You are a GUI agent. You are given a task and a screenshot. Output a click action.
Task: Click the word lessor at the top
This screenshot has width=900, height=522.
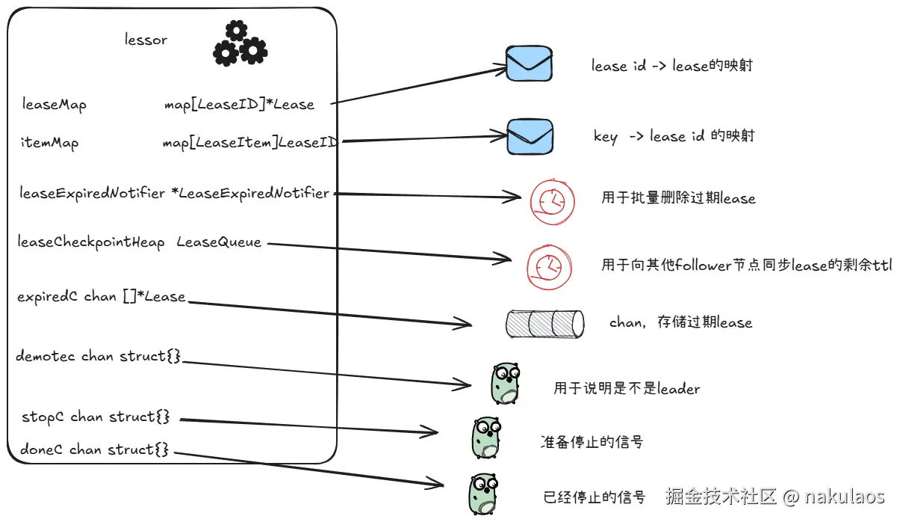pyautogui.click(x=146, y=40)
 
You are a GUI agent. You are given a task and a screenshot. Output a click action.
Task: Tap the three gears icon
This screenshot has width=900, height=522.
pyautogui.click(x=240, y=43)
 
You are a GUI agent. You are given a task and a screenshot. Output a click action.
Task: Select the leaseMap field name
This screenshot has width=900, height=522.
pyautogui.click(x=55, y=105)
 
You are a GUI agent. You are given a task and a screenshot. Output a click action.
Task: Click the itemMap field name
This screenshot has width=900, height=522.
pyautogui.click(x=50, y=143)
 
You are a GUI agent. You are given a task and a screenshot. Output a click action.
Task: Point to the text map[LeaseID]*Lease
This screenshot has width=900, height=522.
pyautogui.click(x=239, y=105)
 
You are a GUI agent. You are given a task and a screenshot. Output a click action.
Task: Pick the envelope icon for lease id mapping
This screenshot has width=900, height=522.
pyautogui.click(x=529, y=64)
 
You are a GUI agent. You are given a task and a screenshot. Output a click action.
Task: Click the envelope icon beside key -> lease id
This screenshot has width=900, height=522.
pyautogui.click(x=530, y=137)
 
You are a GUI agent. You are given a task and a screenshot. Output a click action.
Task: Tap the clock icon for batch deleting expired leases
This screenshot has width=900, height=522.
pyautogui.click(x=552, y=201)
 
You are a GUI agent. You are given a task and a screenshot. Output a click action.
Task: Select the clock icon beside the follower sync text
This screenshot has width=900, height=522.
pyautogui.click(x=549, y=267)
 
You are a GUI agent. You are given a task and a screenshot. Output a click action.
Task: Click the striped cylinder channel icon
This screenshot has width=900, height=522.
pyautogui.click(x=544, y=324)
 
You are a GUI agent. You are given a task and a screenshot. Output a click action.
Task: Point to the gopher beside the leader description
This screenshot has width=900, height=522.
pyautogui.click(x=506, y=383)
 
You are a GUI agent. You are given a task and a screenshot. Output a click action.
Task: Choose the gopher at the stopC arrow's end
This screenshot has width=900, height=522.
pyautogui.click(x=486, y=438)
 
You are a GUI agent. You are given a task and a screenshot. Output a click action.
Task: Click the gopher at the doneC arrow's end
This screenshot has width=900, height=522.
pyautogui.click(x=484, y=494)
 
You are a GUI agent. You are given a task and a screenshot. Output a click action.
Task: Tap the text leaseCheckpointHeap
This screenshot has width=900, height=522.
pyautogui.click(x=91, y=242)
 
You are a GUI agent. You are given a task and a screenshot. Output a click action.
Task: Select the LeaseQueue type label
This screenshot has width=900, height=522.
pyautogui.click(x=219, y=242)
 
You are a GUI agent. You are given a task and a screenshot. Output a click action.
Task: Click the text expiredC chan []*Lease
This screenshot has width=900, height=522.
pyautogui.click(x=102, y=297)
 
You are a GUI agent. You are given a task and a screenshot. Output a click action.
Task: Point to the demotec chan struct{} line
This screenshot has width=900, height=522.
pyautogui.click(x=98, y=356)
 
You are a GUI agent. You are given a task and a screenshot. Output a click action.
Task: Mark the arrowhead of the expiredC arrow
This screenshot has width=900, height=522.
pyautogui.click(x=471, y=324)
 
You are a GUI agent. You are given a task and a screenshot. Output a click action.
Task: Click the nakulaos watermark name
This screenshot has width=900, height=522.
pyautogui.click(x=845, y=497)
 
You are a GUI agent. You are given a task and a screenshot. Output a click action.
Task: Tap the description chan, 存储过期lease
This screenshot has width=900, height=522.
pyautogui.click(x=680, y=322)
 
